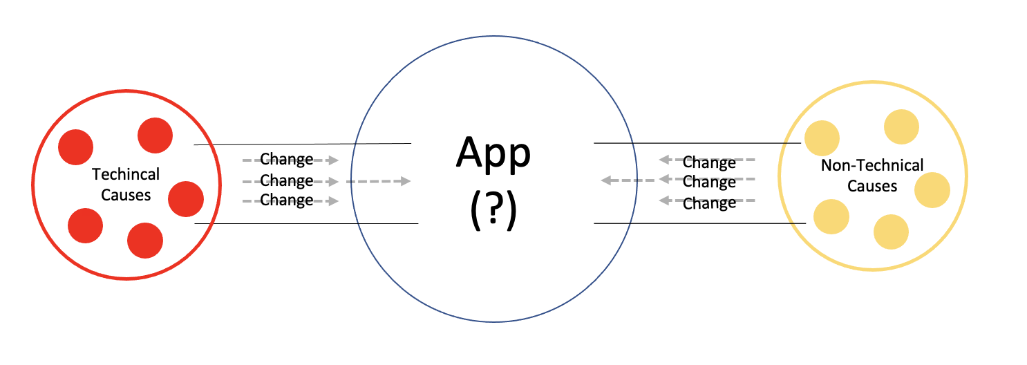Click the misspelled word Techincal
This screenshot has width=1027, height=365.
pos(126,175)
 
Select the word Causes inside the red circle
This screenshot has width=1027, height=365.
pos(126,195)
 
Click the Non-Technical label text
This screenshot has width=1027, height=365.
pos(872,166)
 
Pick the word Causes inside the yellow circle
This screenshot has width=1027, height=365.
pos(872,186)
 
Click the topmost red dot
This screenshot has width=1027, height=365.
pos(155,135)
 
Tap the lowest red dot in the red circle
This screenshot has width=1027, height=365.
pos(145,241)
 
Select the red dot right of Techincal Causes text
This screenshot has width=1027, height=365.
pos(185,198)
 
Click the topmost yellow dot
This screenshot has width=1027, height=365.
pos(901,127)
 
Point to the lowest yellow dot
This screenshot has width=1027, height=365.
pos(892,232)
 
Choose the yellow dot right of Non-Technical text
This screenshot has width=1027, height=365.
pos(932,190)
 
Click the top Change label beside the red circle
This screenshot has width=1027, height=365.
pos(287,160)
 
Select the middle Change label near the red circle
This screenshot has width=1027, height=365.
pos(287,181)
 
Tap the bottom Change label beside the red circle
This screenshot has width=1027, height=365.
pos(287,200)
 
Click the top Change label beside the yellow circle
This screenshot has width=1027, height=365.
pos(709,162)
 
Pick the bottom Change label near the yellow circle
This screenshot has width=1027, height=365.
pos(709,203)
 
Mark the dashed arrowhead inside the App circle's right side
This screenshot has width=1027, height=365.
pos(605,180)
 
